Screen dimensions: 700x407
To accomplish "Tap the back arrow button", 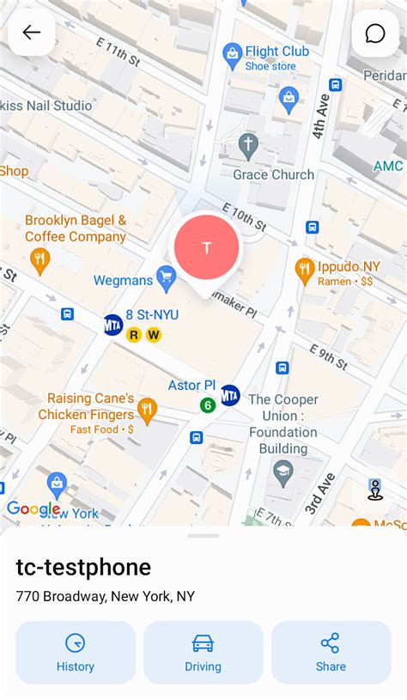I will pyautogui.click(x=32, y=33).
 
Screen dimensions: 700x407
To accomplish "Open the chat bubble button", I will pyautogui.click(x=375, y=33).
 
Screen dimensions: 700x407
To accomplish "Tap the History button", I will pyautogui.click(x=76, y=653).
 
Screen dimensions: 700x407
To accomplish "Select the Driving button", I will pyautogui.click(x=203, y=653).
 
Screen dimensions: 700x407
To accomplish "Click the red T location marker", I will pyautogui.click(x=206, y=247).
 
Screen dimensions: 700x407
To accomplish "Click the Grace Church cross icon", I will pyautogui.click(x=248, y=144).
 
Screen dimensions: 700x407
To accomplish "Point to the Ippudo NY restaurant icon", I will pyautogui.click(x=305, y=270).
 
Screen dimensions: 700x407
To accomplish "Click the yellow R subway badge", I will pyautogui.click(x=134, y=335).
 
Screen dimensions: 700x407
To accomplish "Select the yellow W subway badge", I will pyautogui.click(x=154, y=335).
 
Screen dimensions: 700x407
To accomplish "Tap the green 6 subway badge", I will pyautogui.click(x=207, y=405).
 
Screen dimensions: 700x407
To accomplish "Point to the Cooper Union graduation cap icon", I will pyautogui.click(x=283, y=471).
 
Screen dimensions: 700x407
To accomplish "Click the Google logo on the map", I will pyautogui.click(x=33, y=508).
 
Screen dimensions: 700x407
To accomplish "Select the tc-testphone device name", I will pyautogui.click(x=83, y=567).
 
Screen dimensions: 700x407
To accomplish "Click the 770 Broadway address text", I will pyautogui.click(x=106, y=596).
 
